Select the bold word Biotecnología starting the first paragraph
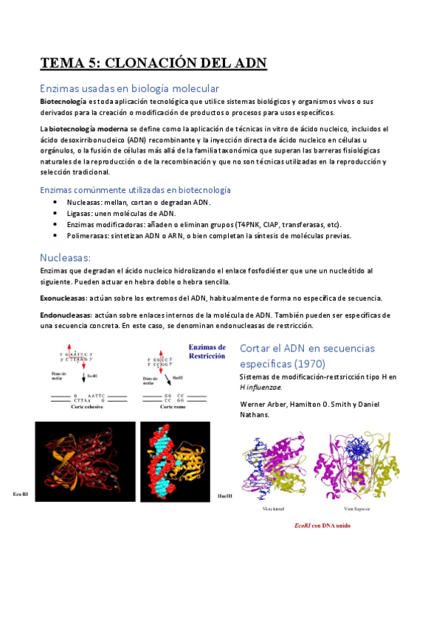point(63,101)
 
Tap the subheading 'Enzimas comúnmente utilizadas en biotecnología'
point(135,189)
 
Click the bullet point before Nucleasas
point(56,202)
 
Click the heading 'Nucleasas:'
point(65,257)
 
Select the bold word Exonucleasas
point(63,298)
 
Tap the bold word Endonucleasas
point(66,315)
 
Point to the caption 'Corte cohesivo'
point(77,407)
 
